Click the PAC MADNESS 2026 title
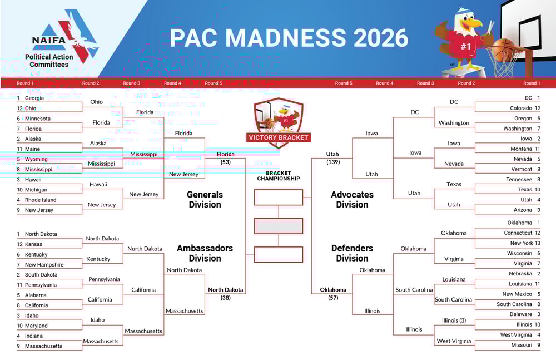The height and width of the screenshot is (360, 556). point(289,38)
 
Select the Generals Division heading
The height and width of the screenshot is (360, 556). point(205,200)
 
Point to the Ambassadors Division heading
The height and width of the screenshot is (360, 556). point(205,253)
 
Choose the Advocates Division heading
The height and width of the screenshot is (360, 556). point(352,200)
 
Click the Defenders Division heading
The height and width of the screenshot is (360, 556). point(352,253)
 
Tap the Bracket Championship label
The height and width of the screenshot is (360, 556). point(278,176)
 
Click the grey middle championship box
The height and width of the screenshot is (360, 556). point(279,226)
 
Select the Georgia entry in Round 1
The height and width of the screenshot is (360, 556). point(34,98)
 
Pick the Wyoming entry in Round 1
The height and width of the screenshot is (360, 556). point(36,160)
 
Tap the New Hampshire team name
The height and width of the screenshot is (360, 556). point(44,265)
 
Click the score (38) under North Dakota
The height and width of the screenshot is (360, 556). point(225,298)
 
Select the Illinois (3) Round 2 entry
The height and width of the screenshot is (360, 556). point(454,320)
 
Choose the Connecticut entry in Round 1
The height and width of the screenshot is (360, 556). point(518,233)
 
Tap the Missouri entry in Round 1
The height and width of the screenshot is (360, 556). point(521,346)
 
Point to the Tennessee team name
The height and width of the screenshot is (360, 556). point(519,180)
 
